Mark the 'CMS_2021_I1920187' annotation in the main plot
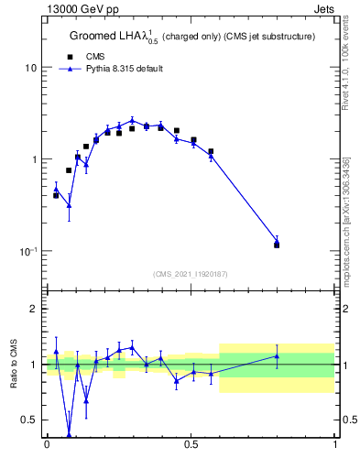point(190,274)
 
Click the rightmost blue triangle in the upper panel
point(277,242)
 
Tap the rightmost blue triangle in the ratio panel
point(277,356)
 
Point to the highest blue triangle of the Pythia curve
point(132,120)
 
